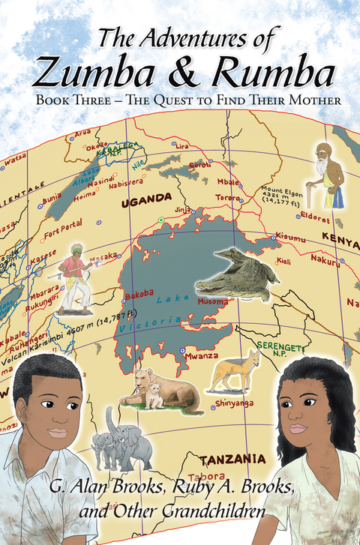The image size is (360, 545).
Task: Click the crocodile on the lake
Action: pyautogui.click(x=237, y=274)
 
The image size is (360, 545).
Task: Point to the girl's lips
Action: pyautogui.click(x=299, y=428)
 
